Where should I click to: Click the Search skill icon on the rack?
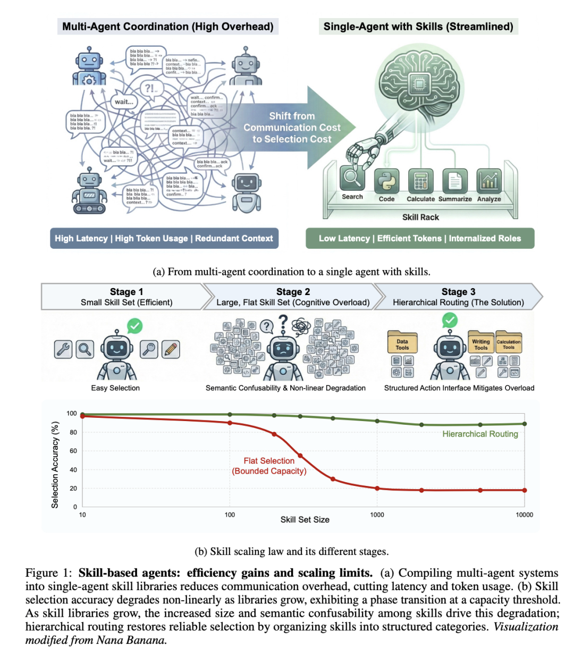[x=352, y=179]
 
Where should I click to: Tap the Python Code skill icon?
[x=386, y=181]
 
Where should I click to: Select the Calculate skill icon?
[x=420, y=181]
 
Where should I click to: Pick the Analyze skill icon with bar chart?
[x=488, y=181]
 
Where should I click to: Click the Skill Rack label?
[x=420, y=217]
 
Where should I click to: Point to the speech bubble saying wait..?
[x=124, y=102]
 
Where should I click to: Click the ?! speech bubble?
[x=149, y=88]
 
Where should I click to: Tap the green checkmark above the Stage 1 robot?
[x=134, y=325]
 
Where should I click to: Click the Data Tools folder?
[x=402, y=343]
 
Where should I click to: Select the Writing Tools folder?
[x=480, y=343]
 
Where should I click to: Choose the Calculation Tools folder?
[x=509, y=343]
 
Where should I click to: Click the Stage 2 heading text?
[x=293, y=292]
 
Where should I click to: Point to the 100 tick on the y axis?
[x=72, y=414]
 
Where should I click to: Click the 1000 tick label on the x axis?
[x=377, y=515]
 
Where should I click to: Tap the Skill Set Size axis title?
[x=305, y=519]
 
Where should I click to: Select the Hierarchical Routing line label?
[x=480, y=434]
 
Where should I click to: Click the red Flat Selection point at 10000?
[x=525, y=490]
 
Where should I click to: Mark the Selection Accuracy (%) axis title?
[x=55, y=465]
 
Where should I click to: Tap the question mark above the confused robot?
[x=282, y=322]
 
